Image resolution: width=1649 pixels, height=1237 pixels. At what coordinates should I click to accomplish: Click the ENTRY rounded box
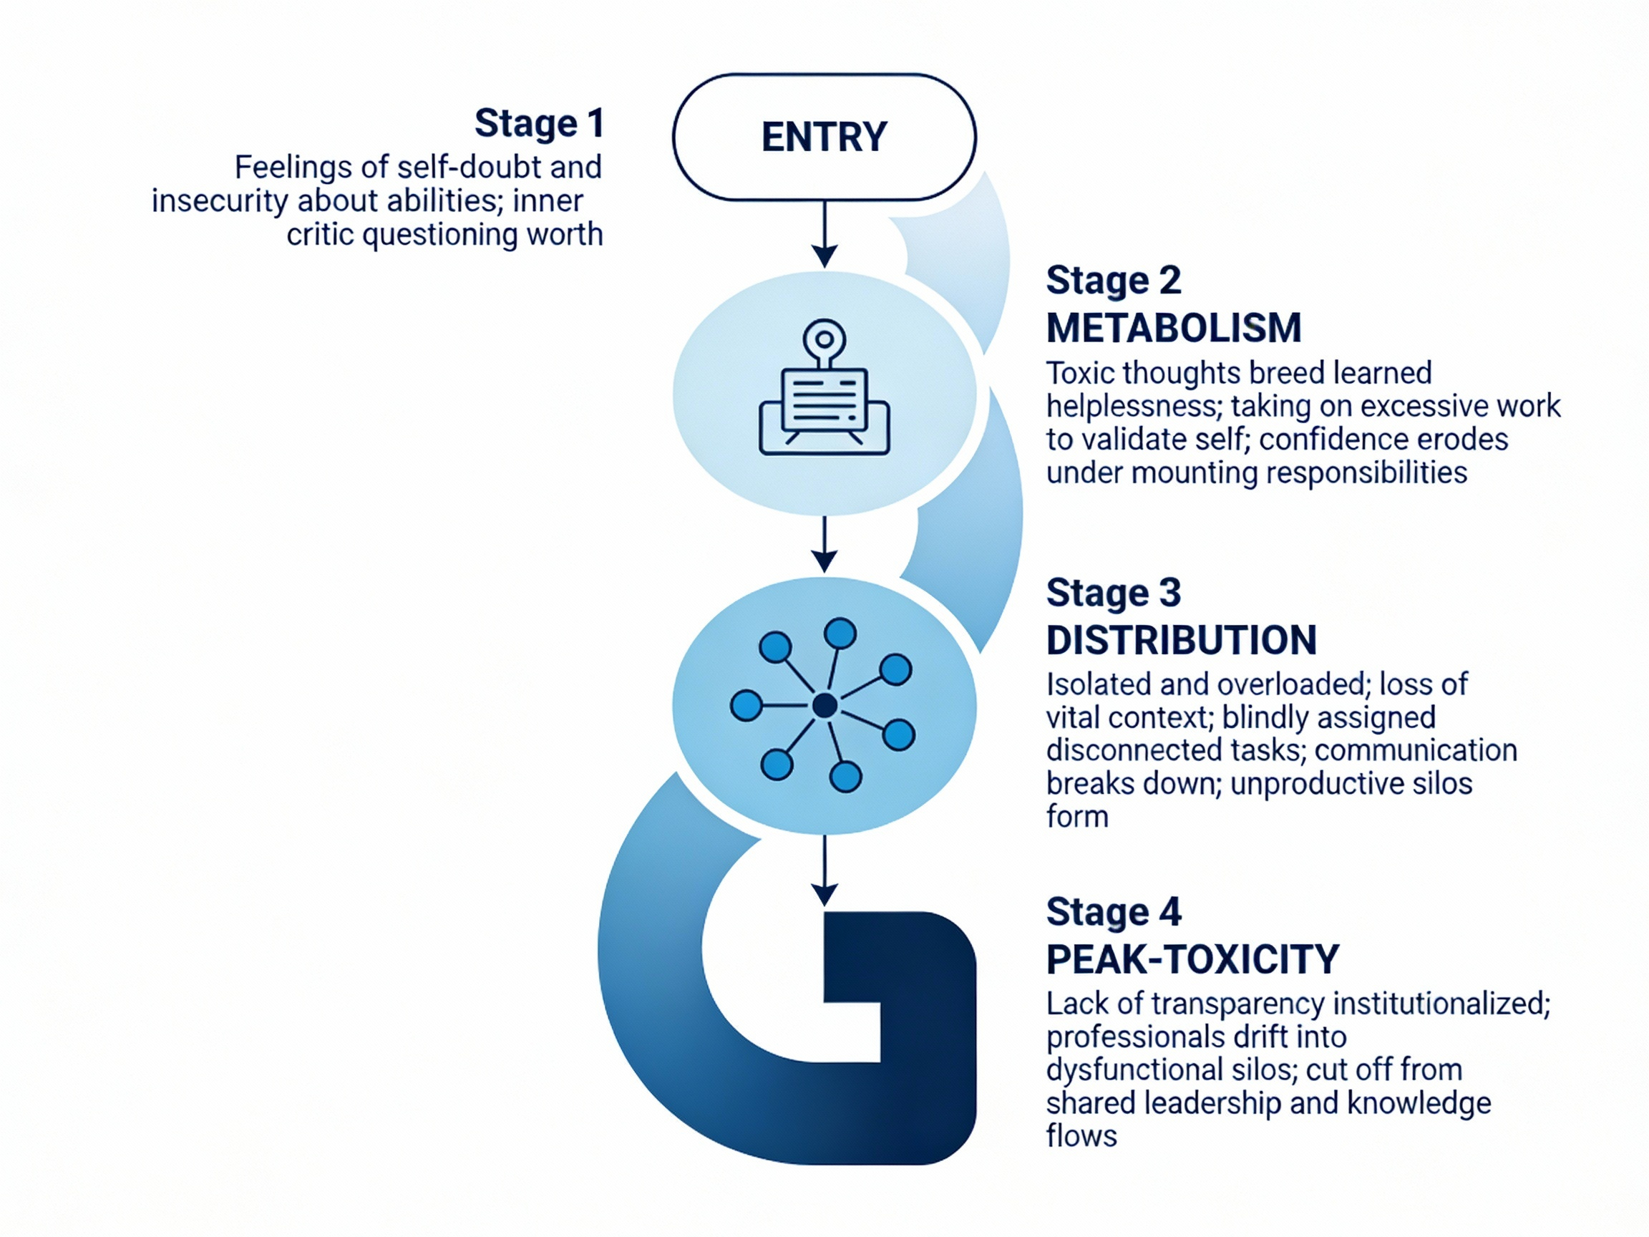pos(824,137)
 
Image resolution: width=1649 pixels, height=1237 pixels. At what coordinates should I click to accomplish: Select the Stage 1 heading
pos(539,123)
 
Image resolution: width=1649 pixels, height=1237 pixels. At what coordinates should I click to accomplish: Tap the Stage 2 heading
pos(1114,281)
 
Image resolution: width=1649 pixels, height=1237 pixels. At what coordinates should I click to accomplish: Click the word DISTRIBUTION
pos(1182,640)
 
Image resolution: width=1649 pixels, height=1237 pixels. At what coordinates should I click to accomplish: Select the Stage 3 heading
pos(1114,593)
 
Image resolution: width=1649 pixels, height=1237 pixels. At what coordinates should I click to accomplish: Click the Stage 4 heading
pos(1114,912)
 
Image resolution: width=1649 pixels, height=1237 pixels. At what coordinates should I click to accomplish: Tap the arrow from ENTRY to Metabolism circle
pos(824,235)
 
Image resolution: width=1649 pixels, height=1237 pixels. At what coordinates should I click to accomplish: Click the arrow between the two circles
pos(824,544)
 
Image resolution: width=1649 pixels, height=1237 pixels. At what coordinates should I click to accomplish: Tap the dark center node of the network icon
pos(824,705)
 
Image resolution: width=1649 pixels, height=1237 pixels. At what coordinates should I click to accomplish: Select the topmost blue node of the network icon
pos(840,634)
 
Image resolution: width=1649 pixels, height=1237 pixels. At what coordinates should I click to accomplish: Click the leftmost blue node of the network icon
pos(746,705)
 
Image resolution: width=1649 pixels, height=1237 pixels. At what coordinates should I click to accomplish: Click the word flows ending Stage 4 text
pos(1081,1136)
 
